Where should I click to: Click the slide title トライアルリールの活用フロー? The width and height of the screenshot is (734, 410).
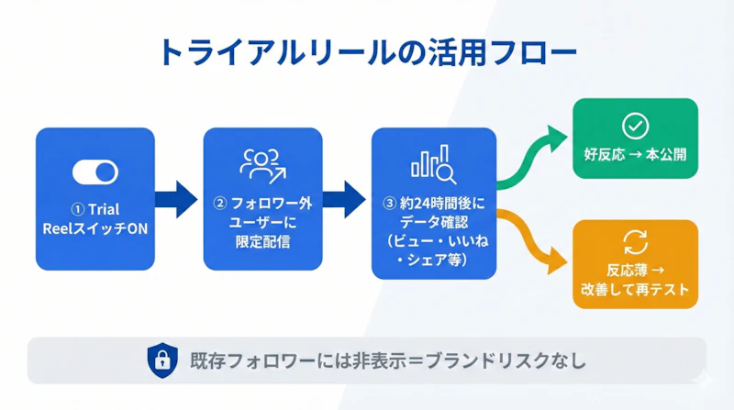click(x=367, y=51)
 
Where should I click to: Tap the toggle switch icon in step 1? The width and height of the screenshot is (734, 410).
click(x=95, y=172)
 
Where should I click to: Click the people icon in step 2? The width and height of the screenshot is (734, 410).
click(x=262, y=163)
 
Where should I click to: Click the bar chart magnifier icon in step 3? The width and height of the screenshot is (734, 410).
click(x=433, y=161)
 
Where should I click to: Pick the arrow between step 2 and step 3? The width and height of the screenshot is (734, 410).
click(x=346, y=198)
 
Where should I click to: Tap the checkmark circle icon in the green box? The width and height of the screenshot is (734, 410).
click(x=635, y=126)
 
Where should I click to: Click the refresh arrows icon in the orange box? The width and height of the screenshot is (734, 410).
click(x=635, y=242)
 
